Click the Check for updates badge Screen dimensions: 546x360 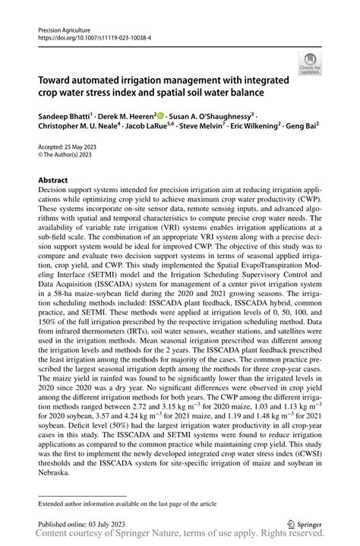[x=308, y=67]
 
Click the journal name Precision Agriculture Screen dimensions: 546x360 [x=65, y=27]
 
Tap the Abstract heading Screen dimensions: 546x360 [x=53, y=181]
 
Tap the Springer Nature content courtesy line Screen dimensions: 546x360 [x=179, y=537]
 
